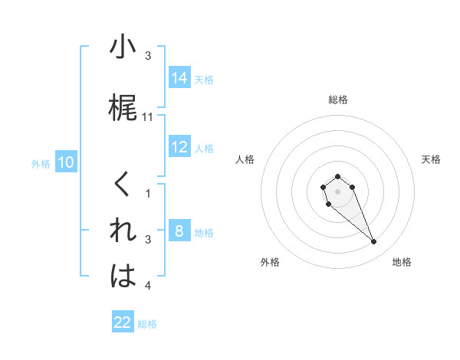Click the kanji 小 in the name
point(123,47)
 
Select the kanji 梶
point(123,109)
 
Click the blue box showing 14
point(179,77)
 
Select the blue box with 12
point(179,147)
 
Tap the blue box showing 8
point(179,231)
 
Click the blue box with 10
point(66,162)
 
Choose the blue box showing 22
point(123,322)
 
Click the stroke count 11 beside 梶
point(149,117)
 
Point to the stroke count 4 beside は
point(148,286)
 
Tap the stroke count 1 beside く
point(148,194)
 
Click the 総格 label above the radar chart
point(338,100)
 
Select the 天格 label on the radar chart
point(432,159)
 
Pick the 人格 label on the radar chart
point(245,159)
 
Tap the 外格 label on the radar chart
point(270,262)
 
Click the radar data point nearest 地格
point(374,242)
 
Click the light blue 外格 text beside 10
point(40,163)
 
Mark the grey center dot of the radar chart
point(337,190)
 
